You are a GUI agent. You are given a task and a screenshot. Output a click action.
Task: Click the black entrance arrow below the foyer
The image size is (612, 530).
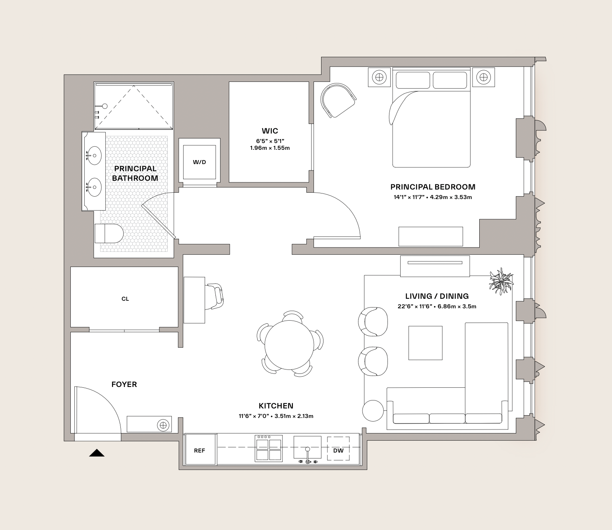(97, 453)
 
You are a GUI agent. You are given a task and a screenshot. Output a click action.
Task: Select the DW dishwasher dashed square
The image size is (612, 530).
(338, 449)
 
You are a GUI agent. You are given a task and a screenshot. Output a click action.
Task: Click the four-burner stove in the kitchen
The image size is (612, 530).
(269, 448)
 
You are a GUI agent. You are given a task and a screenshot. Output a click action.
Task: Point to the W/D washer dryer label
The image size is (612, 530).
(199, 162)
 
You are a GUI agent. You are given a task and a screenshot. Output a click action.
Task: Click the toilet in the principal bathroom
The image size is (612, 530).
(108, 233)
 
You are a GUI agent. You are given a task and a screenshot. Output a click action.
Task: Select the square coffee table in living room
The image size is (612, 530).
(426, 343)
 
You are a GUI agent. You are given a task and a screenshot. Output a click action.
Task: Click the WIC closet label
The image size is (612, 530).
(270, 131)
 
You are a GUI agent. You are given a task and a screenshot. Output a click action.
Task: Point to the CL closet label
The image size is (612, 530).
(125, 299)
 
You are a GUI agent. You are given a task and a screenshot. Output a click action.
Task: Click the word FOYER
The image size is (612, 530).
(124, 384)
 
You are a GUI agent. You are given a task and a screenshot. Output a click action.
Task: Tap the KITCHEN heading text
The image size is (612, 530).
(276, 406)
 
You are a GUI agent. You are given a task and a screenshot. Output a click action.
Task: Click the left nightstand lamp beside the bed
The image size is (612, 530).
(379, 77)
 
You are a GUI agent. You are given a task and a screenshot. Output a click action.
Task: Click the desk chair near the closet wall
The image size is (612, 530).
(214, 296)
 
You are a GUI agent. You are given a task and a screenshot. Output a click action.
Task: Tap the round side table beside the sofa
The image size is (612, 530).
(373, 411)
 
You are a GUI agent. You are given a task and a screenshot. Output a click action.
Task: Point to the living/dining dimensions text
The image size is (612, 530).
(437, 306)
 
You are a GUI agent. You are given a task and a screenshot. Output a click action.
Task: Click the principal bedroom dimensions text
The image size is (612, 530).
(433, 197)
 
